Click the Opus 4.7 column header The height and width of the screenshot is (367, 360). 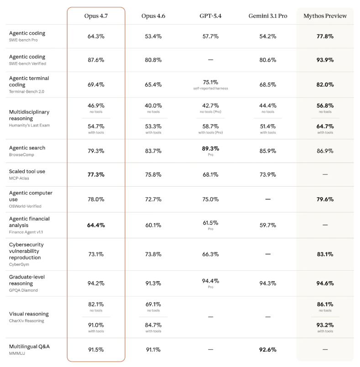tap(96, 16)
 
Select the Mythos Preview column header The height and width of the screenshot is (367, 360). tap(325, 16)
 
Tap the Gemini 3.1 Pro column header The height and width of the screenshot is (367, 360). tap(268, 16)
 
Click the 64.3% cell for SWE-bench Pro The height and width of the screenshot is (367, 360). tap(96, 36)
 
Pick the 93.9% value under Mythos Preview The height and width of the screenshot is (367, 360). tap(325, 60)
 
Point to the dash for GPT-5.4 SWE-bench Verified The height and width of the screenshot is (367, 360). tap(210, 60)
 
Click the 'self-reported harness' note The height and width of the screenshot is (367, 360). tap(210, 88)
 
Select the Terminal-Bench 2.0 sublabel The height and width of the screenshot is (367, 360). tap(26, 91)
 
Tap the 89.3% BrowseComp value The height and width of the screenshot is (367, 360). tap(210, 149)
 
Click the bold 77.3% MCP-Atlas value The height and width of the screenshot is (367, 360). tap(96, 175)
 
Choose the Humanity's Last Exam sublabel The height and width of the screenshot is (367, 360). tap(29, 125)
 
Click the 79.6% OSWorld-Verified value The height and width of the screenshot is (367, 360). tap(325, 199)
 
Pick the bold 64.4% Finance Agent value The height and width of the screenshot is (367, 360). tap(96, 225)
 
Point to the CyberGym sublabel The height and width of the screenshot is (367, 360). tap(19, 264)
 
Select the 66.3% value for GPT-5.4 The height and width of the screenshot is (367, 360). tap(210, 254)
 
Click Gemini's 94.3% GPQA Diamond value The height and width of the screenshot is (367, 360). tap(268, 283)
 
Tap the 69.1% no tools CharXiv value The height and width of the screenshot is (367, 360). tap(153, 304)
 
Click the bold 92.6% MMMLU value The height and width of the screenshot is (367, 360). tap(268, 350)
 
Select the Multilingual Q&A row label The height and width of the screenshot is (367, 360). tap(29, 346)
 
